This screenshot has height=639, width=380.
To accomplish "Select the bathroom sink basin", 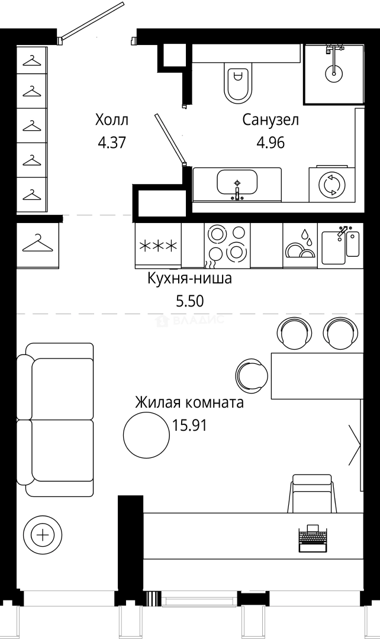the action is click(237, 182).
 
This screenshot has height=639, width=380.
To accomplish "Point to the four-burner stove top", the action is click(227, 246).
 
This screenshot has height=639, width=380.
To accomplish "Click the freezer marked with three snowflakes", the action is click(158, 246).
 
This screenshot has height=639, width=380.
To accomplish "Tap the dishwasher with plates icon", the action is click(300, 246).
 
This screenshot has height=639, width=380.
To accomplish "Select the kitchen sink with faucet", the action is click(340, 246).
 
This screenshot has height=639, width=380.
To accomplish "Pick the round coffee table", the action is click(146, 434).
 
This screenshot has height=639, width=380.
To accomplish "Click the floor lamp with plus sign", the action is click(43, 534).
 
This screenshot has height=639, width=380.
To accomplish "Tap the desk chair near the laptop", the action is click(312, 493).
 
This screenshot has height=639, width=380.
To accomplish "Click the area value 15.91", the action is click(189, 426).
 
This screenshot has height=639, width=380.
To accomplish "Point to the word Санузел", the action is click(270, 120).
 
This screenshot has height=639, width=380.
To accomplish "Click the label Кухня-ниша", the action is click(189, 279).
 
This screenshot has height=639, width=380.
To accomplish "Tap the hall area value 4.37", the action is click(111, 143).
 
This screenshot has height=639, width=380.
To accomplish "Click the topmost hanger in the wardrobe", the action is click(32, 61).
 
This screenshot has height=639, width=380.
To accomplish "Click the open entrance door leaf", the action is click(91, 20).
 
